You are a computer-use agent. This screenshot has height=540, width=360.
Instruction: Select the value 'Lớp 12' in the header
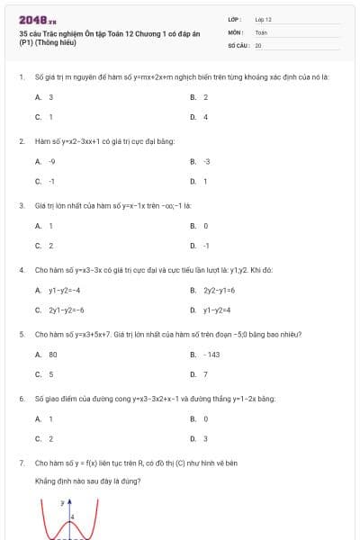point(264,19)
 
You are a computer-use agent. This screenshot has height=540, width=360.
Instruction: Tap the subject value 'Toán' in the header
point(261,31)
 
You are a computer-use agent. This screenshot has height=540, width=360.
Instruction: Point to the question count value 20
point(258,44)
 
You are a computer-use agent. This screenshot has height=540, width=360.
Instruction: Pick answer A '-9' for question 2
point(52,162)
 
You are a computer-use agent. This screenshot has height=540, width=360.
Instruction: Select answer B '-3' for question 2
point(206,162)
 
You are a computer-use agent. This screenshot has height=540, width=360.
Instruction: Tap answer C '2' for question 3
point(50,245)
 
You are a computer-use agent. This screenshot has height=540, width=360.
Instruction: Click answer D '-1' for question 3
point(206,245)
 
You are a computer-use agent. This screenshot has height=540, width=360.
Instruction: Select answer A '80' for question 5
point(52,355)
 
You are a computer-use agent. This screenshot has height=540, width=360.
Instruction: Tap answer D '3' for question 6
point(205,438)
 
